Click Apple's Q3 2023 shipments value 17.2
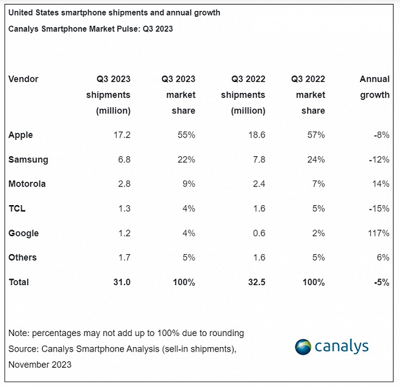122,135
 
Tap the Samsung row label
28,160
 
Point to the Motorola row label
27,184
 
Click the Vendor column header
23,79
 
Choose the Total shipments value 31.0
122,283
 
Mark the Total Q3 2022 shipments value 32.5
256,283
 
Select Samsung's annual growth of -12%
379,160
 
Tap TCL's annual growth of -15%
379,209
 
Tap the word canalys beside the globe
341,347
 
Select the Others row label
23,258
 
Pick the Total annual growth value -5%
381,283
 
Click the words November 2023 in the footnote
41,364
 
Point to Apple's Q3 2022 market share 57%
315,135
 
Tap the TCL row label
17,209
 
